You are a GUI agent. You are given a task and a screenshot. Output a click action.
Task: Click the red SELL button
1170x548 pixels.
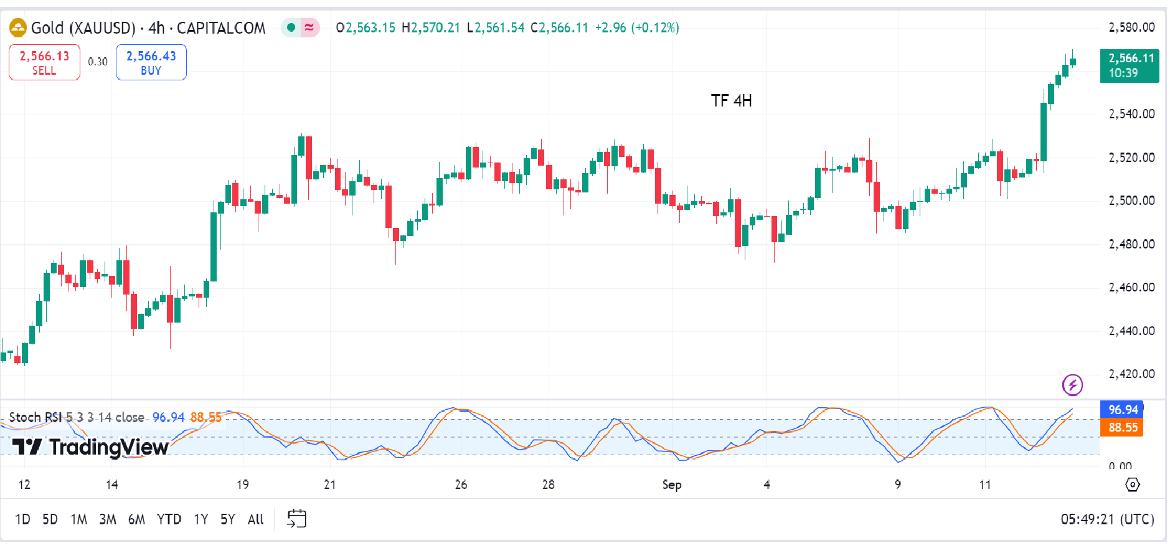click(44, 62)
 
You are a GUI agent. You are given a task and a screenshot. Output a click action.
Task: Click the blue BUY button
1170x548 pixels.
click(151, 62)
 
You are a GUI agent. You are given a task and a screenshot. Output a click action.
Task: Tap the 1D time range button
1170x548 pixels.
click(22, 519)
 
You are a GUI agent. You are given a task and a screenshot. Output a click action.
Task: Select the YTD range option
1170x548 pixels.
click(169, 519)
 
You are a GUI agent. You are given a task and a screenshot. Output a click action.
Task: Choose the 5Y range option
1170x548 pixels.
click(227, 519)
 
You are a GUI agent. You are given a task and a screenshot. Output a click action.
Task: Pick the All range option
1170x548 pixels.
click(255, 519)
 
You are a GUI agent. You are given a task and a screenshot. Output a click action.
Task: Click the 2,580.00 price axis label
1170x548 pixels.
click(1131, 27)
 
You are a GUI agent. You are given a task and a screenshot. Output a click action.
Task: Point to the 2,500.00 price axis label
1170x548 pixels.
click(1131, 201)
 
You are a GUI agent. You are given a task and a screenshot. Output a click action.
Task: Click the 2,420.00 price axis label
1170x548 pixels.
click(1131, 374)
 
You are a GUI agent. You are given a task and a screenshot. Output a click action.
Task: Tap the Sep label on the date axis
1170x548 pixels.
click(671, 484)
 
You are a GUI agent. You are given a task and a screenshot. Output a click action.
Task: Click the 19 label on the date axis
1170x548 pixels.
click(242, 484)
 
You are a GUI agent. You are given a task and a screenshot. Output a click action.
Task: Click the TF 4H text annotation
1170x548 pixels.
click(731, 101)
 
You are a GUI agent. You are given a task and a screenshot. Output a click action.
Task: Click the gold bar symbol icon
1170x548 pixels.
click(18, 28)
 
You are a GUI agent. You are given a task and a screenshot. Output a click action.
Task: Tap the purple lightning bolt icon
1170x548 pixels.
click(1072, 385)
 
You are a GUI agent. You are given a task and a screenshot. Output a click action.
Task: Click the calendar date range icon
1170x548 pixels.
click(296, 519)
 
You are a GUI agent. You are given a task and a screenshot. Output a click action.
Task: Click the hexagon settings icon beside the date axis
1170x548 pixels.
click(1133, 484)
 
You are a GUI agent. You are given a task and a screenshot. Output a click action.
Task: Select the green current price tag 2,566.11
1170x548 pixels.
click(1130, 65)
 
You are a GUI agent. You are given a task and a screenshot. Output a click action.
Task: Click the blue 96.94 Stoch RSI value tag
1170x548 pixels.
click(1122, 410)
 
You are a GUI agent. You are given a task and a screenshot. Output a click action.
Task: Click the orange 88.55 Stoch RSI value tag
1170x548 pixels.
click(1122, 428)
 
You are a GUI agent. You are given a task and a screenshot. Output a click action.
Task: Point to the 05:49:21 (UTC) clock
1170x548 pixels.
click(1107, 519)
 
